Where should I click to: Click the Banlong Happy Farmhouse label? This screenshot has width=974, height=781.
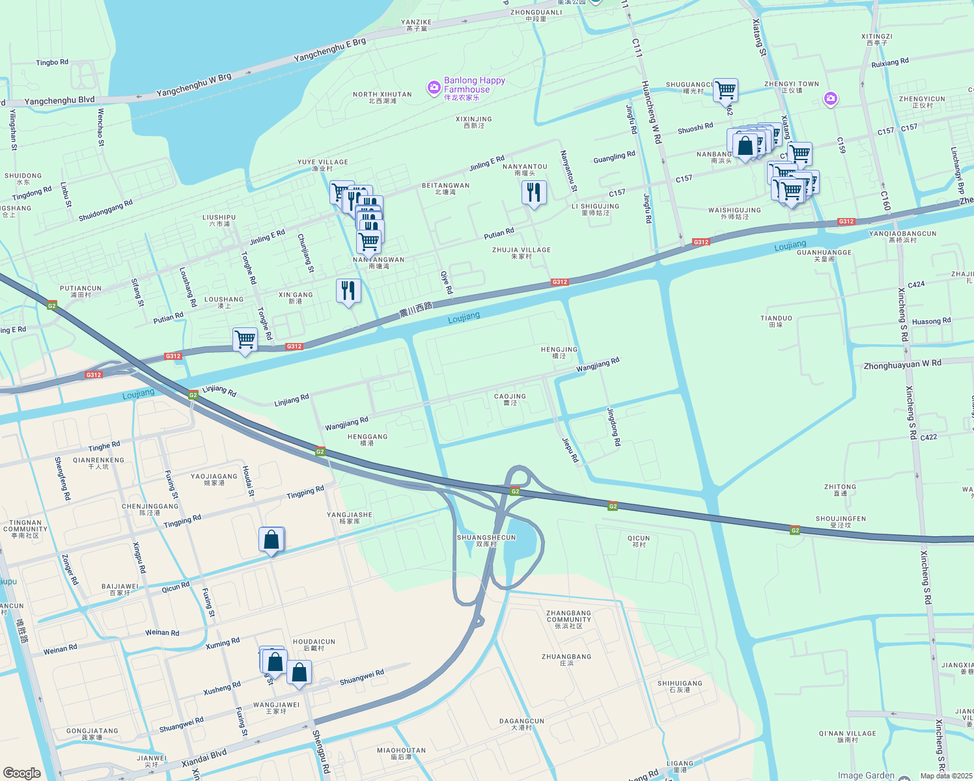[x=474, y=85]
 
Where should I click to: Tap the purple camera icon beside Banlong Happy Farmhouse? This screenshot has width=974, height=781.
[x=434, y=87]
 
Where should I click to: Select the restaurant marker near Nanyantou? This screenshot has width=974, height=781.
[x=534, y=193]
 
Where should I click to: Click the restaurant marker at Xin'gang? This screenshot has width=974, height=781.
[x=348, y=290]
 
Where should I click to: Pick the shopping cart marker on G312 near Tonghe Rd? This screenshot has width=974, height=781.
[x=245, y=340]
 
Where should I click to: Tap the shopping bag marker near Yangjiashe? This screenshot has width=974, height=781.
[x=271, y=540]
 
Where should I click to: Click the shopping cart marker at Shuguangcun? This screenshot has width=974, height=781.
[x=725, y=90]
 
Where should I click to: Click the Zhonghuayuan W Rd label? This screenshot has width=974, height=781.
[x=902, y=364]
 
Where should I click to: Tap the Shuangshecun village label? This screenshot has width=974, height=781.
[x=486, y=541]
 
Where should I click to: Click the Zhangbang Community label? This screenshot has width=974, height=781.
[x=569, y=619]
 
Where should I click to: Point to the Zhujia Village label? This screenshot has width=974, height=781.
[x=522, y=253]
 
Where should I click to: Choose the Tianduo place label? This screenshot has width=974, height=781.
[x=776, y=321]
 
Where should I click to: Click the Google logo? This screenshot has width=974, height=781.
[x=22, y=773]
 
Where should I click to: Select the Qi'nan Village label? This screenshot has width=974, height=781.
[x=847, y=736]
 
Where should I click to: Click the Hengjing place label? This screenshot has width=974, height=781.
[x=559, y=352]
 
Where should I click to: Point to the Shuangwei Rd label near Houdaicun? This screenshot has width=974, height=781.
[x=362, y=677]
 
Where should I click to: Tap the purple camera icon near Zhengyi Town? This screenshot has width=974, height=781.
[x=830, y=99]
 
